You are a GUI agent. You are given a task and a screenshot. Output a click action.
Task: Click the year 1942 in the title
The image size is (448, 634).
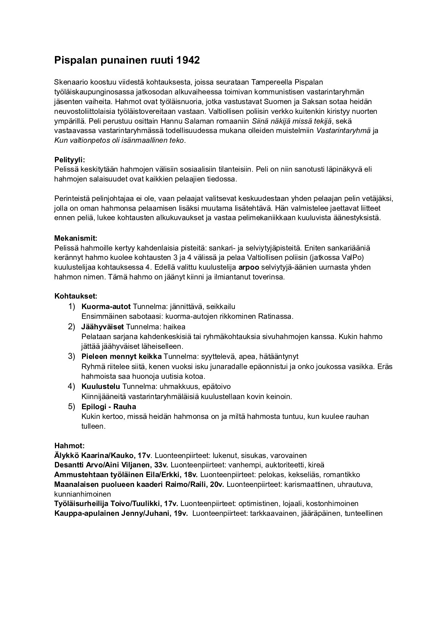point(188,60)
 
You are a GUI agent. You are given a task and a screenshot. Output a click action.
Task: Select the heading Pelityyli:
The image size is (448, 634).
point(70,160)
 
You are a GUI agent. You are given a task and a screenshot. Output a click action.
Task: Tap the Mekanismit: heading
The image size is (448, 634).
point(76,239)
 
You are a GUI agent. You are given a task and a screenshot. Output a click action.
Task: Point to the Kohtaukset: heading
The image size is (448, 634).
point(76,296)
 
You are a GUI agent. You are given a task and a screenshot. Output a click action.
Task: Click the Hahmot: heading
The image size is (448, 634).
point(69,446)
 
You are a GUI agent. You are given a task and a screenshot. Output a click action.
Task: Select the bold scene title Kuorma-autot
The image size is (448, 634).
point(106,307)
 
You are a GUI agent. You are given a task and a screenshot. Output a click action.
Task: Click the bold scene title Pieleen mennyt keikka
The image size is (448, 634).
point(121,356)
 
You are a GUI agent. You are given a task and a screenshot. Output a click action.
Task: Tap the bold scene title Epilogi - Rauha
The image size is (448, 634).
point(108,406)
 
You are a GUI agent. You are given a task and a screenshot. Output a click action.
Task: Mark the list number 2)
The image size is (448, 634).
point(72,327)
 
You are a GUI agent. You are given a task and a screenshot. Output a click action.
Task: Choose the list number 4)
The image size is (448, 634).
point(72,386)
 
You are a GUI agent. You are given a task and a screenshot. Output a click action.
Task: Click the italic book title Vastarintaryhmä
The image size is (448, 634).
point(343,130)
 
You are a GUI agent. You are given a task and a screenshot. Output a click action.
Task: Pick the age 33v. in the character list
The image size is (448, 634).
point(159,465)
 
